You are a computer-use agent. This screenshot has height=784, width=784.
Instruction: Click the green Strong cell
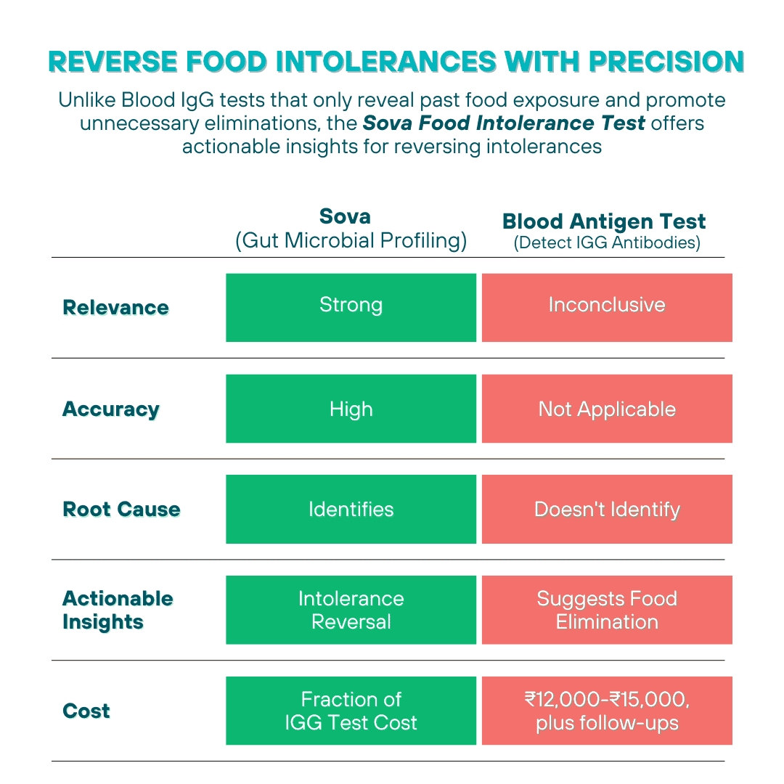tap(351, 307)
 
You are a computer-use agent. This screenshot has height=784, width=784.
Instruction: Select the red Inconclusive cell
tap(607, 307)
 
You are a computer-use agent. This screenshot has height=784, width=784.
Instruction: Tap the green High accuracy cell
tap(351, 409)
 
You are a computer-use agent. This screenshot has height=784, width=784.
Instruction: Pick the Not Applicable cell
tap(607, 409)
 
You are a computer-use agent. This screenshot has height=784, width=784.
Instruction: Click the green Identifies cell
tap(351, 509)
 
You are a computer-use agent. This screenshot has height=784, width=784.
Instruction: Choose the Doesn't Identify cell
tap(607, 509)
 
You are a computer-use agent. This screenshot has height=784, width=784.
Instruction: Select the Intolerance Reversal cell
tap(351, 610)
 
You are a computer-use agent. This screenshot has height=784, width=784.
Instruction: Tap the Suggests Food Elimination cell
tap(607, 610)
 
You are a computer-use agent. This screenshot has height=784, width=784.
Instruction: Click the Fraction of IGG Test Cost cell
tap(351, 711)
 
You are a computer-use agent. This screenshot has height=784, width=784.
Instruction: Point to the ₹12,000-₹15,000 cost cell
tap(607, 711)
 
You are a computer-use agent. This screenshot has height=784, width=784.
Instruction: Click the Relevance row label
tap(116, 308)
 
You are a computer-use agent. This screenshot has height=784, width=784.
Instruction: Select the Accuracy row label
tap(111, 409)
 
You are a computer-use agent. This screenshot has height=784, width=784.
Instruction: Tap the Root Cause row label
tap(121, 510)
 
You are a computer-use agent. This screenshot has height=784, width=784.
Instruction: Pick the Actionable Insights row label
tap(118, 611)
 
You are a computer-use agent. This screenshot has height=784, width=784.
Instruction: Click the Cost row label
tap(86, 711)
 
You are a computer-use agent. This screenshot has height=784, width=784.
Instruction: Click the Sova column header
tap(351, 228)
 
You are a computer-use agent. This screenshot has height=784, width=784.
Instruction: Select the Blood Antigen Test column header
tap(604, 221)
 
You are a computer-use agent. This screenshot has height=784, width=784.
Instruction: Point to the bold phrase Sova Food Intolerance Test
tap(504, 123)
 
